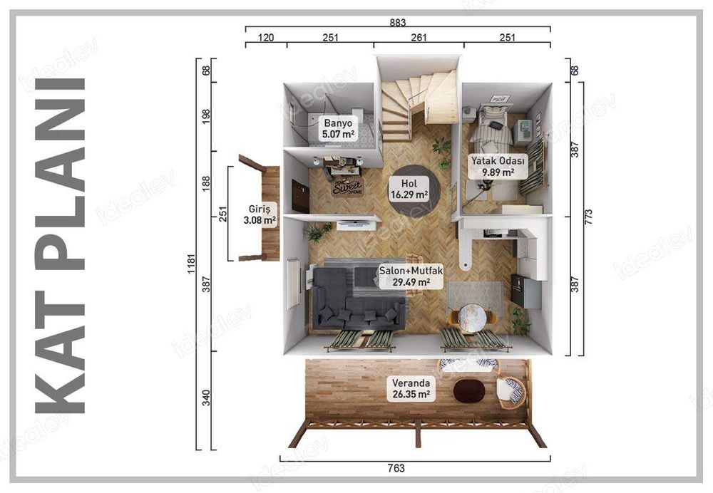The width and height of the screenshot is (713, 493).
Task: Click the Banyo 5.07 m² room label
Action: coord(338,128)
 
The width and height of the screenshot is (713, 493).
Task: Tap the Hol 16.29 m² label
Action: coord(409,189)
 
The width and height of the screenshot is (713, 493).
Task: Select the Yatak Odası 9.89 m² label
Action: coord(498,166)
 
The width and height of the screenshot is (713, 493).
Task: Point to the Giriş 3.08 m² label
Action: coord(259,216)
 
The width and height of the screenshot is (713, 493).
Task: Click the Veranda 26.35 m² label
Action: coord(410,388)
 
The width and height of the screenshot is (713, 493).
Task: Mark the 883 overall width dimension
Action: coord(397,22)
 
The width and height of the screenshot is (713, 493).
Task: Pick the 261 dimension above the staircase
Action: coord(419,38)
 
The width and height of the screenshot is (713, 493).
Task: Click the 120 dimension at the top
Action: coord(266,38)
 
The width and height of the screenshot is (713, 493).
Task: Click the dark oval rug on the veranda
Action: coord(469,390)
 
